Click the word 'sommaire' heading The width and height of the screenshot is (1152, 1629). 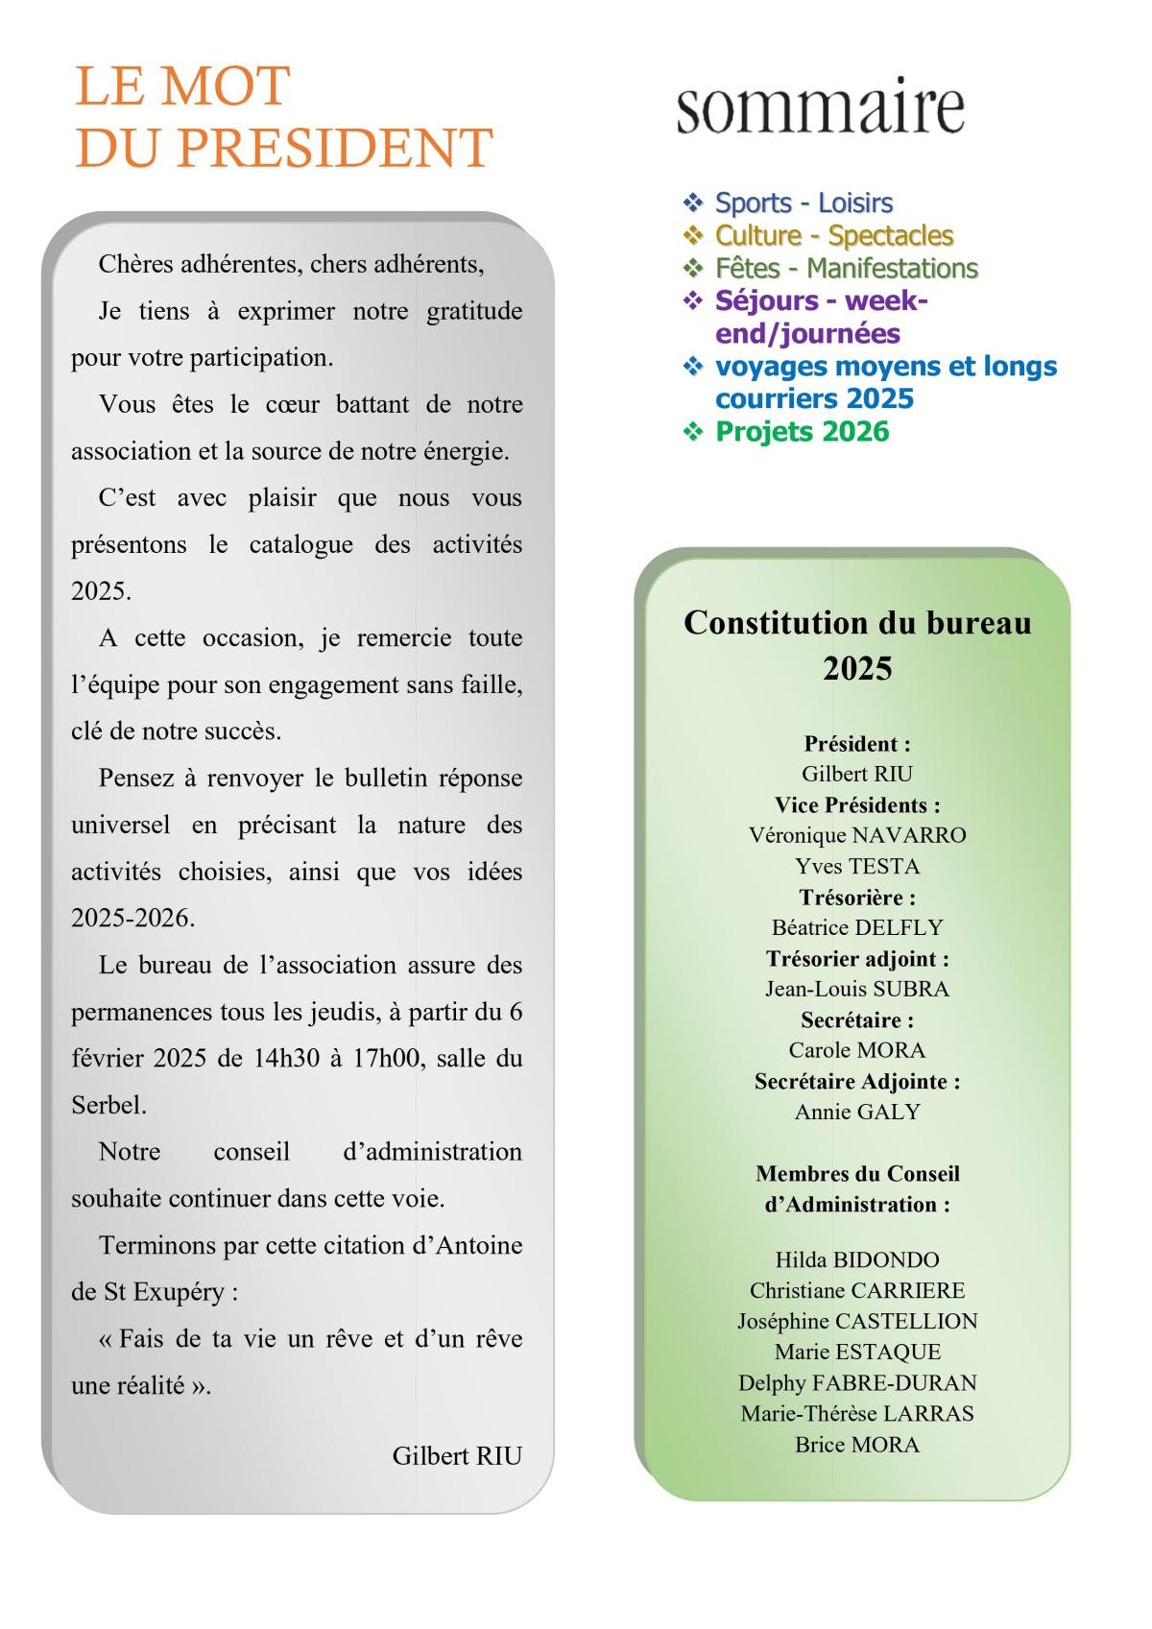[820, 108]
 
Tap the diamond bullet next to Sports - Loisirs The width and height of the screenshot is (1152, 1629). [693, 203]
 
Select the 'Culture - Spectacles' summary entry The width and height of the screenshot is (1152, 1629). [833, 235]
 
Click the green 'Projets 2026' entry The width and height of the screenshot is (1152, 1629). [802, 432]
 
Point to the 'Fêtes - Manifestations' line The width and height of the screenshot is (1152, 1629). [846, 268]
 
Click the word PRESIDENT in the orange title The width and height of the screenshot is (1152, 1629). [334, 149]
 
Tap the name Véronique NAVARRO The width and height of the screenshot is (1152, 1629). [857, 835]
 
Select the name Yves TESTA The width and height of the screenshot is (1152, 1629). [857, 866]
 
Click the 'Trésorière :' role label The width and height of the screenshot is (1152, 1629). [857, 898]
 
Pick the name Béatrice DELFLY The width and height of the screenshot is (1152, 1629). [857, 927]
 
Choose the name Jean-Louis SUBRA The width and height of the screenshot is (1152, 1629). [857, 989]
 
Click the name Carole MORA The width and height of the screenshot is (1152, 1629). [857, 1050]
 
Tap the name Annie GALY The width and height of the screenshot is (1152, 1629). [857, 1112]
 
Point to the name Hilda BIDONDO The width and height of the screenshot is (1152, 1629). [857, 1259]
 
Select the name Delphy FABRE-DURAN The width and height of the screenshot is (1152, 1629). [857, 1382]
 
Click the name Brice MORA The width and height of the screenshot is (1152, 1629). [857, 1444]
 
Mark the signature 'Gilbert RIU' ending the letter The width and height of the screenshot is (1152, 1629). [457, 1455]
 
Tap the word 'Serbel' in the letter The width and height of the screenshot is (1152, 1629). [108, 1105]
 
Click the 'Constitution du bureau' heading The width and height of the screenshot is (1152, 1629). [857, 623]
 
